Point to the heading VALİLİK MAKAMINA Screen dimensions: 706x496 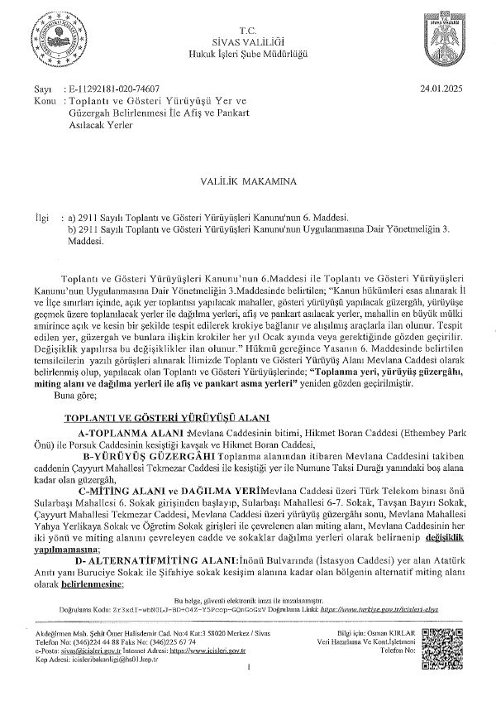coord(248,178)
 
